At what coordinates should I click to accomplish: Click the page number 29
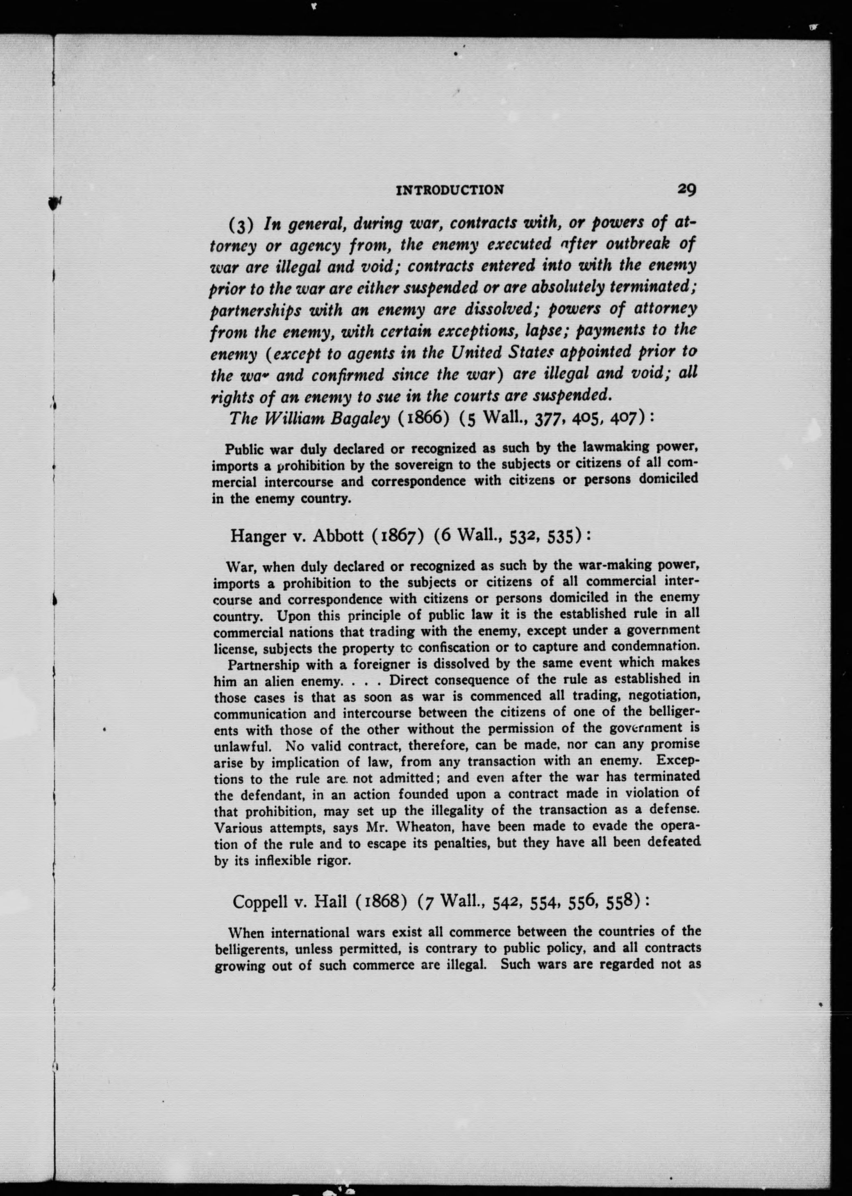tap(686, 189)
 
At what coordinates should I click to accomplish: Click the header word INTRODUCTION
tap(450, 190)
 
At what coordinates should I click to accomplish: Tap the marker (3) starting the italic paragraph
tap(241, 225)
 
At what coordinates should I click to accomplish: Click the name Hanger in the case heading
tap(256, 536)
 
